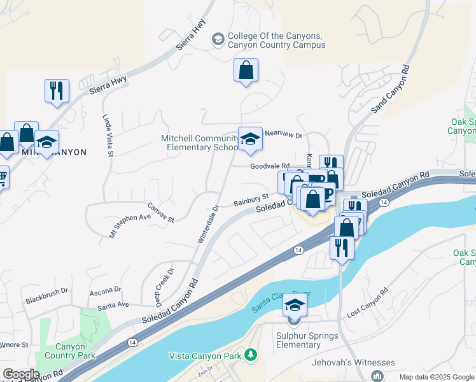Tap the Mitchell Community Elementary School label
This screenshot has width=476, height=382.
tap(199, 143)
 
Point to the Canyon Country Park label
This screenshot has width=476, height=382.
tap(65, 351)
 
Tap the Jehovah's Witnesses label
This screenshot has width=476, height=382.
tap(353, 363)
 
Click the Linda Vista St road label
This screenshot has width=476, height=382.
tap(107, 135)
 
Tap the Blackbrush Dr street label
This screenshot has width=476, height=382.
tap(46, 299)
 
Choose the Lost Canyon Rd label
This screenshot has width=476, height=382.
tap(367, 305)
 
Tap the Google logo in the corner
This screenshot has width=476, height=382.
tap(20, 374)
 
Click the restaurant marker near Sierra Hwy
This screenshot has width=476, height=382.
tap(57, 90)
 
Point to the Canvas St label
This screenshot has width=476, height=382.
tap(161, 213)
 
